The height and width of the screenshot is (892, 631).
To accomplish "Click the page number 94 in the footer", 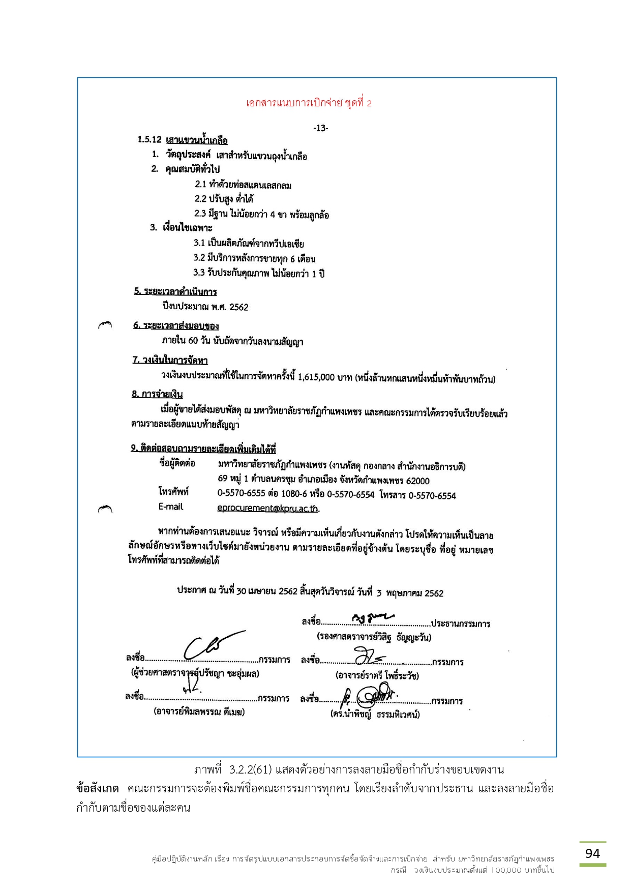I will point(592,853).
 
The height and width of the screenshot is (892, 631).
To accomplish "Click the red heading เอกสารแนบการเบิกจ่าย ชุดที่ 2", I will point(309,103).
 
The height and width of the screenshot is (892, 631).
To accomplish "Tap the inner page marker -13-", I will point(320,128).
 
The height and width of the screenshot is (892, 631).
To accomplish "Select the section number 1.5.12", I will point(149,140).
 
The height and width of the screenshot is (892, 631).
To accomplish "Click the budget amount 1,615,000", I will point(316,377).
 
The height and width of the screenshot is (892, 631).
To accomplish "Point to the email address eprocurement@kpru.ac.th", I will point(267,508).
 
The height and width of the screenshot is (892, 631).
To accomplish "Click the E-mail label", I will point(170,507).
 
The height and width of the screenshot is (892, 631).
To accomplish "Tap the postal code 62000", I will point(417,481).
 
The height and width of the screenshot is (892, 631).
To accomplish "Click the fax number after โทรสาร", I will point(432,495).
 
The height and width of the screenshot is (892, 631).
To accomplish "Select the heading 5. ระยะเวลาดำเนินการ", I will point(175,291).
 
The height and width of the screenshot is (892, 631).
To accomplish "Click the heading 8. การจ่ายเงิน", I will point(157,394).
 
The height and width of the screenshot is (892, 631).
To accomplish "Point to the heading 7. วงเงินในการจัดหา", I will point(170,361).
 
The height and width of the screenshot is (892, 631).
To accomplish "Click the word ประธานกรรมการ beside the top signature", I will point(461,624).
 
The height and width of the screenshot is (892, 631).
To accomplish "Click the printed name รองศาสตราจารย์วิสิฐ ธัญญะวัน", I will point(374,637).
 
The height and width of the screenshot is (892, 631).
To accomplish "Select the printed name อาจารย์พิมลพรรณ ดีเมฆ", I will point(199,712).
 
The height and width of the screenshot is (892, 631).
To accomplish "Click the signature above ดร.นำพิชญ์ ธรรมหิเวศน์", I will point(371,695).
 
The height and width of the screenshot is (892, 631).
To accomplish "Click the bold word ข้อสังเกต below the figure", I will point(98,789).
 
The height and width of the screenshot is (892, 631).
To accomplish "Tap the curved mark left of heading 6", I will point(105,324).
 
